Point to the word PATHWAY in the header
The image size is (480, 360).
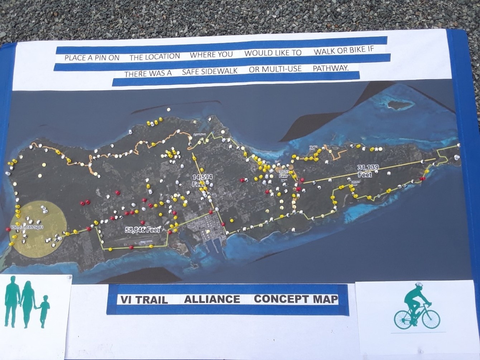click(330, 68)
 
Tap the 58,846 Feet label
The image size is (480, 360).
click(143, 230)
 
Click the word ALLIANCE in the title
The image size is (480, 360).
click(212, 299)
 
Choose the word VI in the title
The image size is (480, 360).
click(125, 300)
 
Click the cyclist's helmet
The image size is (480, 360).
click(419, 285)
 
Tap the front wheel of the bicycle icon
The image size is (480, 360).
click(431, 318)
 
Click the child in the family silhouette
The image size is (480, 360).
click(44, 310)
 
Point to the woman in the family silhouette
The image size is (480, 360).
click(28, 302)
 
